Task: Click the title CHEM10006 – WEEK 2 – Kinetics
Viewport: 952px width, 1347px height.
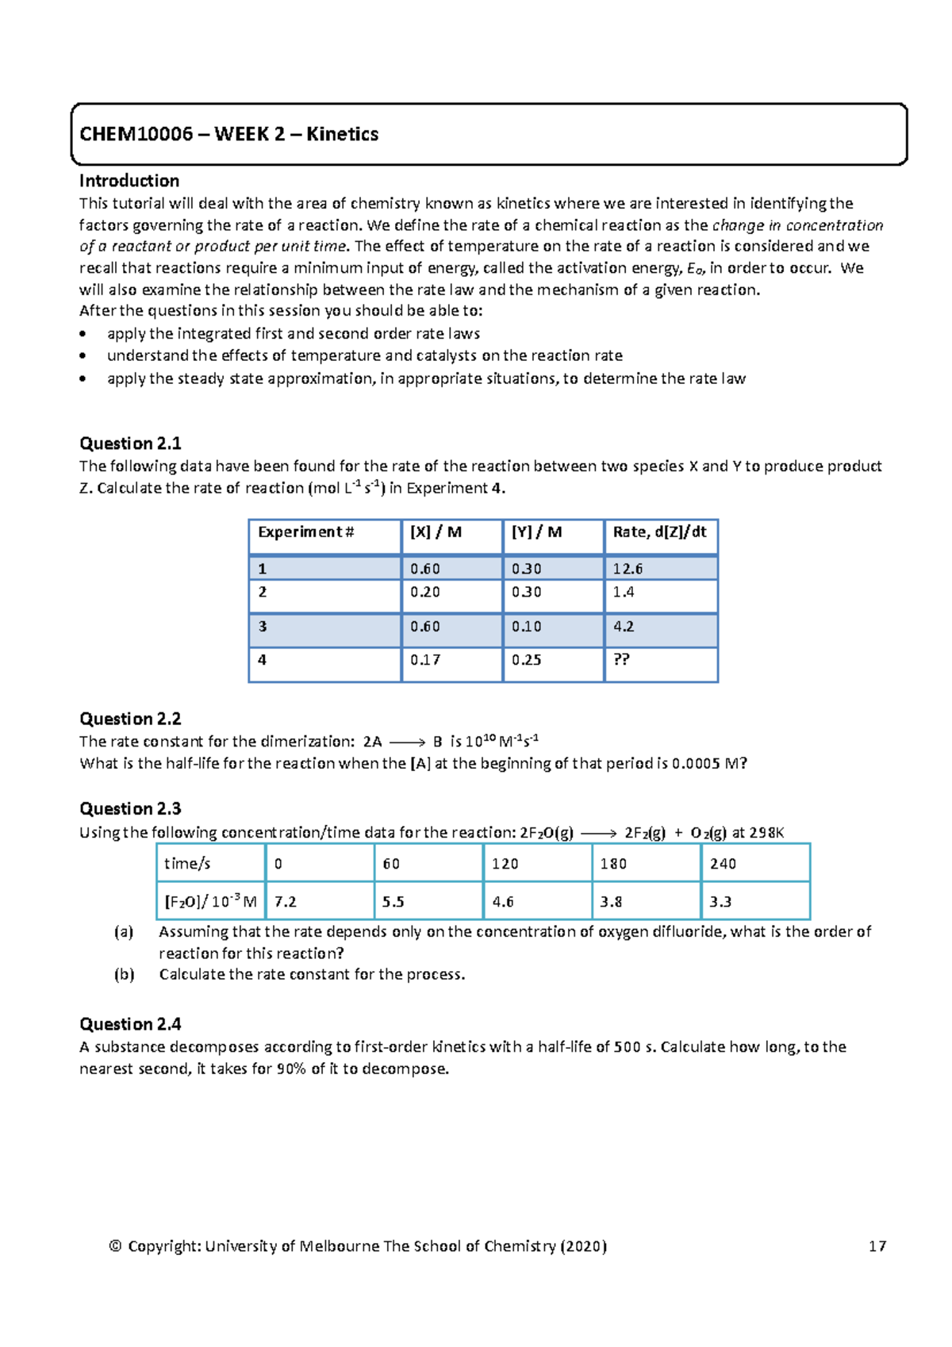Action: (x=228, y=134)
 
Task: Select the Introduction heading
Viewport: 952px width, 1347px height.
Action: (x=129, y=181)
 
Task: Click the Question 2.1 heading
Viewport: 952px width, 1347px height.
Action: (x=130, y=443)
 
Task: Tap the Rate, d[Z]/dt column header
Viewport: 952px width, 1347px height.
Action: (x=659, y=532)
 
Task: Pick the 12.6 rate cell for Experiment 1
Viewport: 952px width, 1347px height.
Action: (x=628, y=569)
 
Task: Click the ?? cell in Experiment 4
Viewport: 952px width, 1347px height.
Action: (x=621, y=659)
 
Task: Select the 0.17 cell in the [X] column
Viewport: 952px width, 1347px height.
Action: (x=425, y=659)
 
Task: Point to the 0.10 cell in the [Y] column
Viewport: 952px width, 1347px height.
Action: (x=526, y=627)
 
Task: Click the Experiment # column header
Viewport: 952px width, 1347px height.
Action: (x=305, y=532)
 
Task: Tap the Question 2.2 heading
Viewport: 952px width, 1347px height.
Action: (x=130, y=719)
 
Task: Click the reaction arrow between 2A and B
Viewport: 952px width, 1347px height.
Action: (x=408, y=743)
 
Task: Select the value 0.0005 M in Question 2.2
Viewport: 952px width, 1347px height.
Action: (x=705, y=764)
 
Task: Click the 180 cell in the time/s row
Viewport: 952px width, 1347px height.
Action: (x=613, y=864)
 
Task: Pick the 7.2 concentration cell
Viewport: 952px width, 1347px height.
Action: (x=285, y=902)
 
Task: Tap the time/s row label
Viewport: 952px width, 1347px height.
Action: (x=187, y=864)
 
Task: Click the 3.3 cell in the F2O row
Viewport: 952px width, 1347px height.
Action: (x=720, y=902)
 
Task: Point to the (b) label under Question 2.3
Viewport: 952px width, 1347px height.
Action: (x=124, y=974)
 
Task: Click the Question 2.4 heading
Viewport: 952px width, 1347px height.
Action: (x=130, y=1024)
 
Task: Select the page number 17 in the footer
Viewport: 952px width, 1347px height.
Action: (x=877, y=1246)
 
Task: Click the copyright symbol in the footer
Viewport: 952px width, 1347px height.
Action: (x=116, y=1246)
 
